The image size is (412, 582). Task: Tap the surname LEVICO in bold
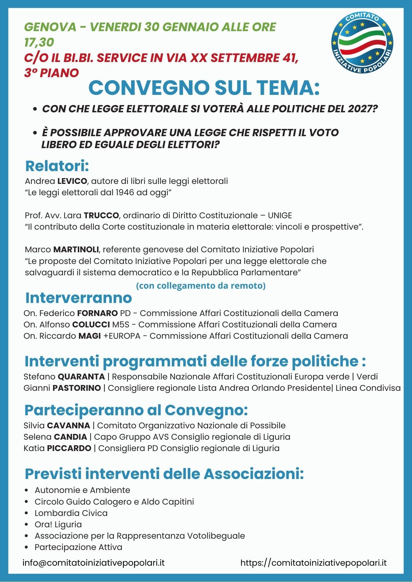pos(72,181)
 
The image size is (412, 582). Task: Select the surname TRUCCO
pos(101,216)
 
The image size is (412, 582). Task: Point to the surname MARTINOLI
pos(76,250)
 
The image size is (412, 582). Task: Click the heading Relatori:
pos(57,166)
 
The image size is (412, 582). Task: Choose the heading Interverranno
pos(79,298)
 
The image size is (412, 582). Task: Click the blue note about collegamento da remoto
pos(201,286)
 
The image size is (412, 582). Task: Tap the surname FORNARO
pos(97,313)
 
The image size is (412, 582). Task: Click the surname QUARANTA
pos(81,377)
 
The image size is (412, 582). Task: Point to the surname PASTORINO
pos(77,388)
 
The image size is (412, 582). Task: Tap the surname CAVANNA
pos(68,426)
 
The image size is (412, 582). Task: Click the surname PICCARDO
pos(69,448)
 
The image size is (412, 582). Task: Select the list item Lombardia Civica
pos(71,513)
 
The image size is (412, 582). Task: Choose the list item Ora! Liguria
pos(58,524)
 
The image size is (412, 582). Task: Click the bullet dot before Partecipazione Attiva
pos(27,547)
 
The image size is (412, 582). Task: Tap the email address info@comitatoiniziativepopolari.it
pos(94,563)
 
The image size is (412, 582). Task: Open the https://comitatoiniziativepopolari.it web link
pos(314,563)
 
